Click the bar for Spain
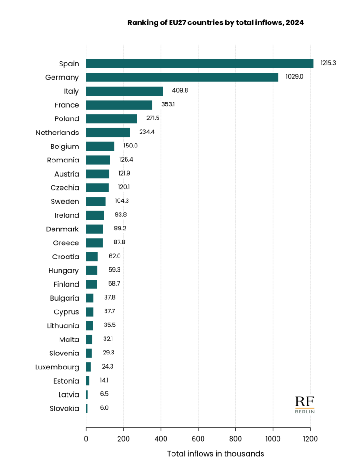tap(199, 64)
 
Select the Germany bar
tap(182, 77)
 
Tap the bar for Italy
tap(124, 91)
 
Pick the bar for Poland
tap(112, 118)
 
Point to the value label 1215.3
tap(328, 63)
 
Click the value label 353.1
tap(167, 104)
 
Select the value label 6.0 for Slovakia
tap(104, 408)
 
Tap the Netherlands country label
tap(57, 133)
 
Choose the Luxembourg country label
tap(57, 367)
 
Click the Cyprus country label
tap(66, 312)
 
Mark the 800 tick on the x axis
tap(236, 439)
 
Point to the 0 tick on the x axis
tap(86, 439)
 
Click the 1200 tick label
tap(310, 439)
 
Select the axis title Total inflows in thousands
tap(216, 454)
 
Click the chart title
tap(216, 22)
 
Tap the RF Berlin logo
tap(305, 405)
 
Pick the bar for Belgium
tap(100, 146)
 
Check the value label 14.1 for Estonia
tap(104, 380)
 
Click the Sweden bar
tap(96, 201)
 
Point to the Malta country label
tap(69, 339)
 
